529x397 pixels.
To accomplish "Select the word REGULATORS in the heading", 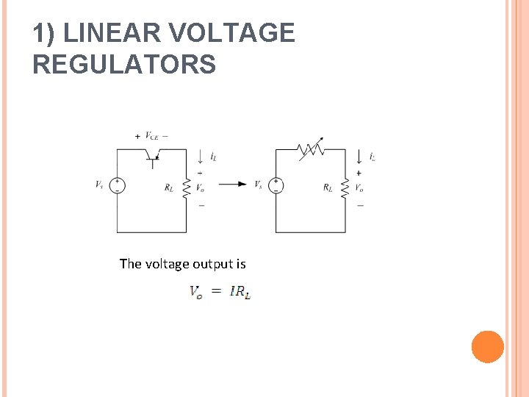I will [124, 65].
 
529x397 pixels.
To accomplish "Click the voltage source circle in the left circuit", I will [117, 185].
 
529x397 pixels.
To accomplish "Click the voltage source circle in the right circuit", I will [276, 185].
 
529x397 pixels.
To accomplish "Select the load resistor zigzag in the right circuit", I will [345, 186].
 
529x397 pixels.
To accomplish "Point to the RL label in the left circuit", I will [170, 187].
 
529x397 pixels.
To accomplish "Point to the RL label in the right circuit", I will [328, 187].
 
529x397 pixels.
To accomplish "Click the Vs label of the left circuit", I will [99, 185].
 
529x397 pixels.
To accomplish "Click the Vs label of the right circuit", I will [258, 185].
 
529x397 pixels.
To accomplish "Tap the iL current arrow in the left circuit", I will [201, 156].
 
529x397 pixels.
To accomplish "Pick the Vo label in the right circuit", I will [359, 187].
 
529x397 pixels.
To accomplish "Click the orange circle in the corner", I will [487, 347].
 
